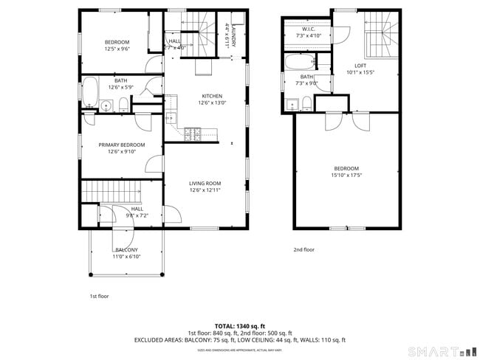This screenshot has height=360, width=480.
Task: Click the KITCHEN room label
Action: tap(212, 96)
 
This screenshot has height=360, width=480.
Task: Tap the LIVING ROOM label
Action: tap(205, 183)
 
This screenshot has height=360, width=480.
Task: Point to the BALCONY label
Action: tap(126, 250)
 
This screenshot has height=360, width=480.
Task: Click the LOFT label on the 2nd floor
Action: tap(360, 66)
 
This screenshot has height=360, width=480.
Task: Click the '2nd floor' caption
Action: tap(304, 249)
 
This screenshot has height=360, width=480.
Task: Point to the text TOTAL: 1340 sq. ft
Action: tap(239, 325)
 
